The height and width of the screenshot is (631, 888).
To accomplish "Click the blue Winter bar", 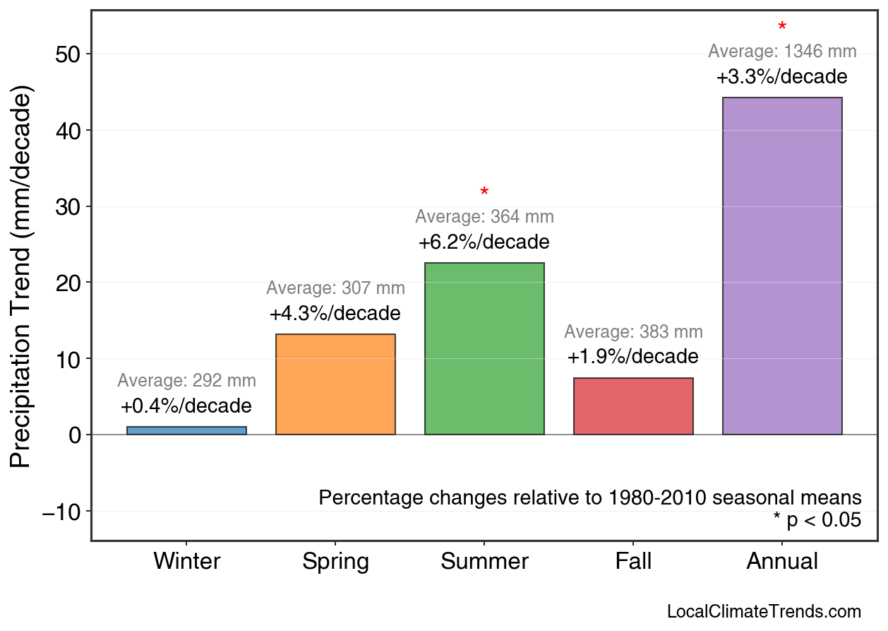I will pyautogui.click(x=186, y=430).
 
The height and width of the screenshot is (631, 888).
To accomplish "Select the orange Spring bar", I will pyautogui.click(x=335, y=384).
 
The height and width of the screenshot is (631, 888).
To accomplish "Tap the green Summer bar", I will pyautogui.click(x=484, y=348).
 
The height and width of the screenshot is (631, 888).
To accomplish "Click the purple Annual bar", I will pyautogui.click(x=782, y=266).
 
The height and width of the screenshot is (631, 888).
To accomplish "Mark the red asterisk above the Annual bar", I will pyautogui.click(x=782, y=28).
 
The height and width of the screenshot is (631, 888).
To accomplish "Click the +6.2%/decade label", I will pyautogui.click(x=484, y=242).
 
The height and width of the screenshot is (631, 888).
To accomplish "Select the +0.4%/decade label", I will pyautogui.click(x=186, y=406).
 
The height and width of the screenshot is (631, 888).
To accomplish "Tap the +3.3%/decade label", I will pyautogui.click(x=782, y=77).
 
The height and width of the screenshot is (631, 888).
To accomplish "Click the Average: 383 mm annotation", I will pyautogui.click(x=633, y=332).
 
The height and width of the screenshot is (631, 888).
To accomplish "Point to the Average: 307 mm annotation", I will pyautogui.click(x=335, y=288).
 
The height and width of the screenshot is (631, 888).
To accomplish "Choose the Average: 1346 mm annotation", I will pyautogui.click(x=782, y=52).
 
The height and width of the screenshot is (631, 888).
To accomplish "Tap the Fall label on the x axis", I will pyautogui.click(x=633, y=562).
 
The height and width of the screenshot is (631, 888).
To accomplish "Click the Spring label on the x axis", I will pyautogui.click(x=335, y=562).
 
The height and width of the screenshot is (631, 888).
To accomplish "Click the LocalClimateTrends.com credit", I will pyautogui.click(x=764, y=611).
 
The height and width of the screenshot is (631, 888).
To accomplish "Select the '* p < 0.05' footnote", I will pyautogui.click(x=817, y=521).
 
